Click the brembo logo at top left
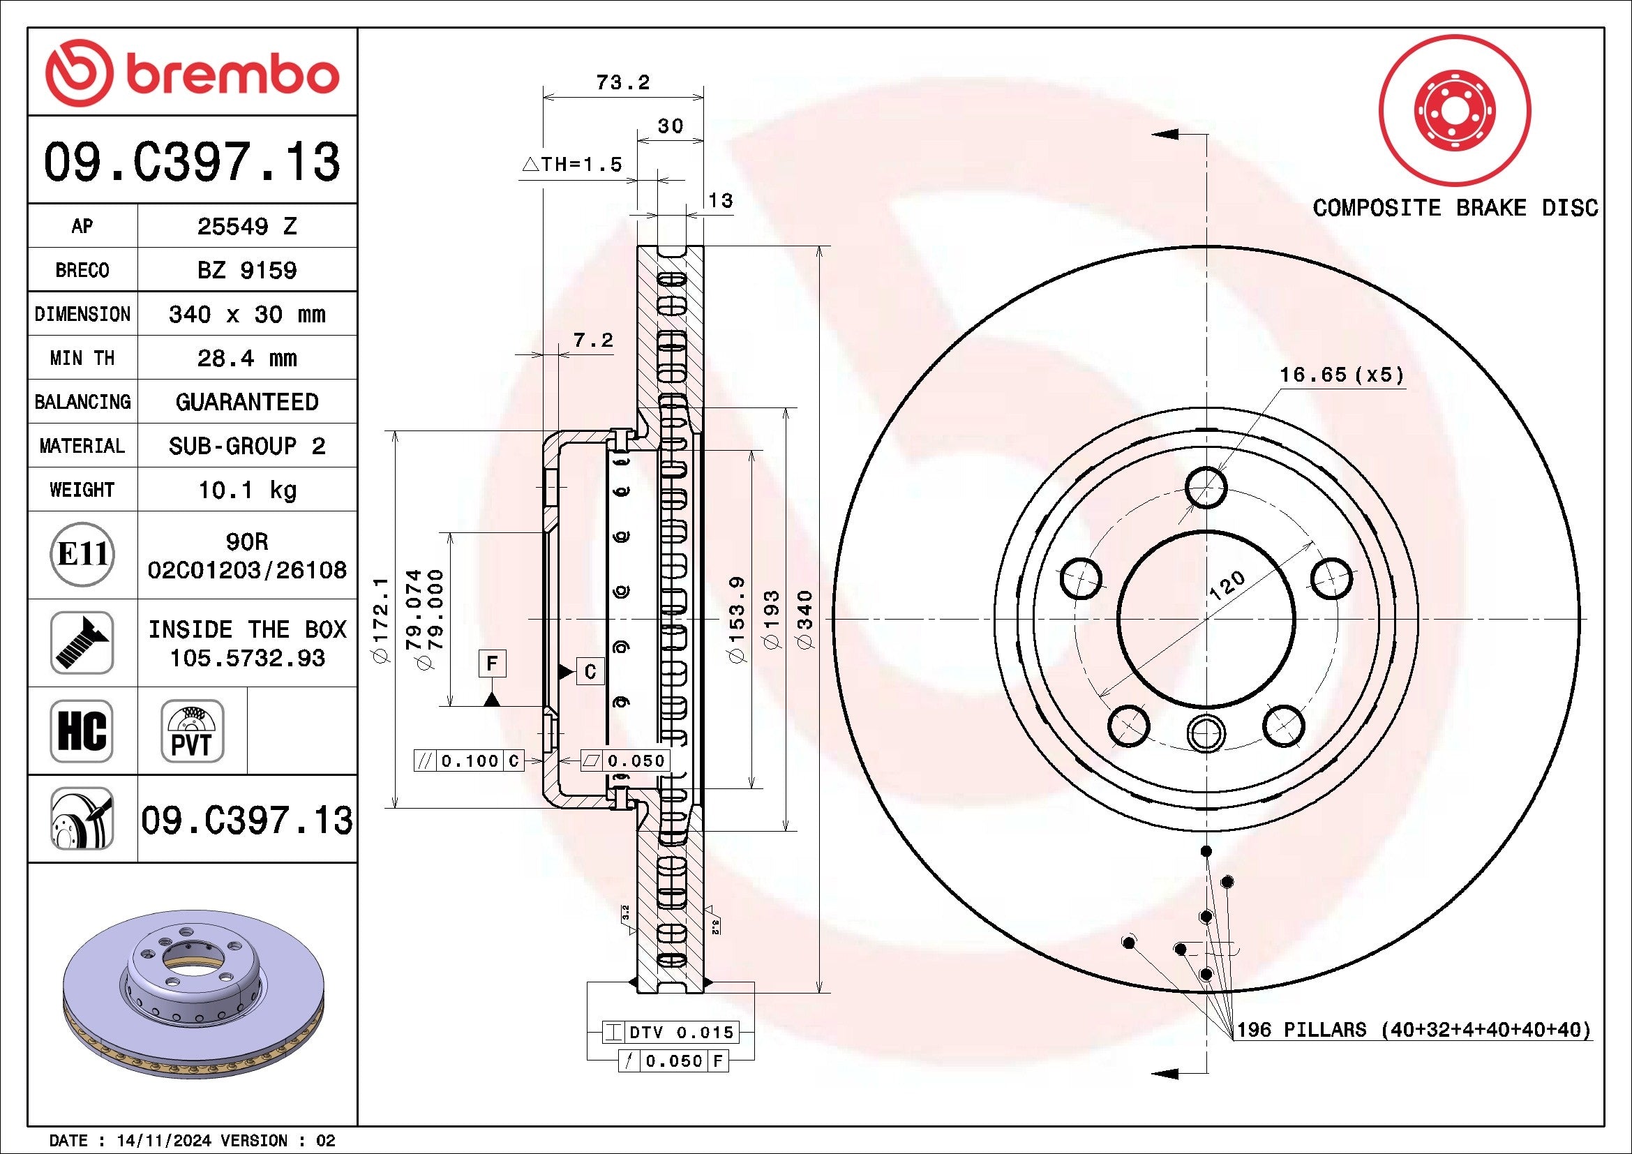coord(192,73)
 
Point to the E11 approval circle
coord(82,554)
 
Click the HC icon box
coord(82,730)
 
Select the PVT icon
coord(192,730)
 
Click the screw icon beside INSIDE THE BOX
coord(82,643)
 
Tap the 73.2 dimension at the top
coord(622,83)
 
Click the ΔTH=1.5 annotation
coord(572,165)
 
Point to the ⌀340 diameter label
coord(805,619)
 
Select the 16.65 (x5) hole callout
coord(1341,375)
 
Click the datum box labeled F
coord(492,664)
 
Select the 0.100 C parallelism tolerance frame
coord(469,761)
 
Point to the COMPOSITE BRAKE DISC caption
coord(1454,208)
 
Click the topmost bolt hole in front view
coord(1206,488)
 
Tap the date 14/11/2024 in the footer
coord(163,1141)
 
